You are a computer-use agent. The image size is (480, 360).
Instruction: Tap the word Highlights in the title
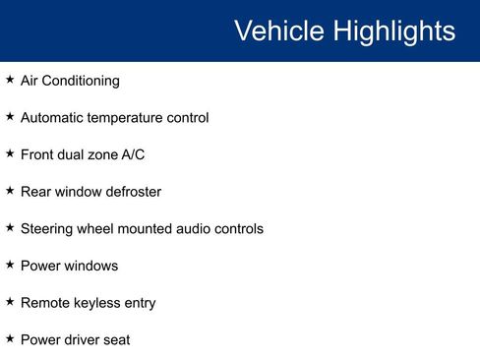click(393, 31)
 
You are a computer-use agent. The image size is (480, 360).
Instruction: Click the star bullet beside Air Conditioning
click(10, 80)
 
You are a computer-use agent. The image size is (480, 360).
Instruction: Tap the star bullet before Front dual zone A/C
click(10, 153)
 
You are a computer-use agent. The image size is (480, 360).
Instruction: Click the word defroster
click(129, 192)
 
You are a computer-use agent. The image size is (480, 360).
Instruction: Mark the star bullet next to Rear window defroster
click(10, 191)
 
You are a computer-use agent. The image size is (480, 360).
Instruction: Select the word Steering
click(48, 228)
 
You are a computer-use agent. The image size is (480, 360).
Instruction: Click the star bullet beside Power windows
click(10, 265)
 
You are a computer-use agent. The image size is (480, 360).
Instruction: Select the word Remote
click(44, 303)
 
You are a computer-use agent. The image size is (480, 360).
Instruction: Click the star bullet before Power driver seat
click(10, 338)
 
